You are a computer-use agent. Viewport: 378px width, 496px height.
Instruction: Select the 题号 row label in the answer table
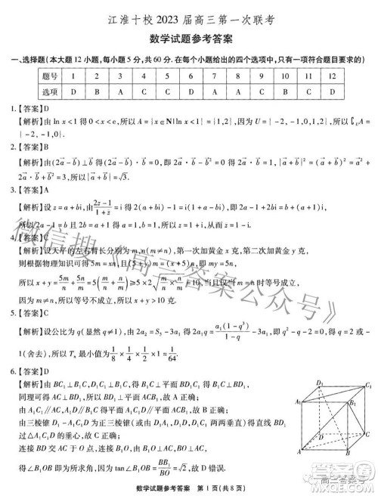tap(50, 76)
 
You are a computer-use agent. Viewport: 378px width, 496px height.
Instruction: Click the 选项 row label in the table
tap(50, 90)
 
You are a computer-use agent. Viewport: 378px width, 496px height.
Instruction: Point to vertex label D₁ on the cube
tap(320, 383)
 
